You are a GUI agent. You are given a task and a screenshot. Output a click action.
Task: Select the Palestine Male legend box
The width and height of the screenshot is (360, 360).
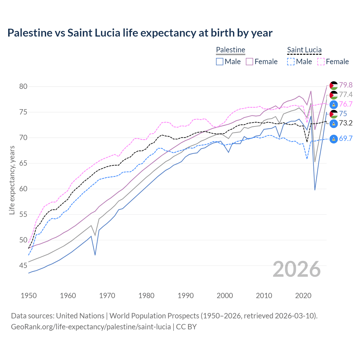(x=220, y=62)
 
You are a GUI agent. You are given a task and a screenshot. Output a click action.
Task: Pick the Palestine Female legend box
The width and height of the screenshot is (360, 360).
(x=249, y=62)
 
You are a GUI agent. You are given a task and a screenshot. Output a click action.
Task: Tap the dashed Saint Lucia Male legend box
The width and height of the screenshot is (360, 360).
(x=291, y=62)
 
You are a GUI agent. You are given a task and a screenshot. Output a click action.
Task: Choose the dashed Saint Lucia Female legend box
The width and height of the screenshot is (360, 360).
(x=321, y=62)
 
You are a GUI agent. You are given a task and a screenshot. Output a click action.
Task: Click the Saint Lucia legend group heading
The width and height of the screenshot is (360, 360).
(x=304, y=50)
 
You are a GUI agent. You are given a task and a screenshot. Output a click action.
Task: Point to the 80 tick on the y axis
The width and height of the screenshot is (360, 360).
(x=23, y=86)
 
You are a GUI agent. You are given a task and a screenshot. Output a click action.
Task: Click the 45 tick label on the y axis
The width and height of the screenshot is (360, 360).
(x=23, y=265)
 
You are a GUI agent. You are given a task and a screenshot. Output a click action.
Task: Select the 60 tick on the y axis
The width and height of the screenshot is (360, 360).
(x=23, y=189)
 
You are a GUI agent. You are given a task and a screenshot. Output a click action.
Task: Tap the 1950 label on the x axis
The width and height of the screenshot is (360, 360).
(x=29, y=296)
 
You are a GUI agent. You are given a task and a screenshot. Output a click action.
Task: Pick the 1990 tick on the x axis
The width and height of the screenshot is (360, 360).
(x=186, y=296)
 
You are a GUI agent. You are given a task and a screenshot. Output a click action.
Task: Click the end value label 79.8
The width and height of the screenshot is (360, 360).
(x=346, y=85)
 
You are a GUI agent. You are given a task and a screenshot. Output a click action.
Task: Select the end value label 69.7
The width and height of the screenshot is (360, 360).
(x=346, y=138)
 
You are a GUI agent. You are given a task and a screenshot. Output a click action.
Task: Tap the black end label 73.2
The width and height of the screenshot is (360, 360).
(x=346, y=123)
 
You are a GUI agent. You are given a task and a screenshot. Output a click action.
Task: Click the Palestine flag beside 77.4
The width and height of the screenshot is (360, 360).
(x=334, y=95)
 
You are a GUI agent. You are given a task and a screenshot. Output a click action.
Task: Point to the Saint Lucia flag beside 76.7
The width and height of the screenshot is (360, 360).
(x=334, y=104)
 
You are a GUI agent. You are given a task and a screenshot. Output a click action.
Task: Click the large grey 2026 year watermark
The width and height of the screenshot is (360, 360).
(x=296, y=269)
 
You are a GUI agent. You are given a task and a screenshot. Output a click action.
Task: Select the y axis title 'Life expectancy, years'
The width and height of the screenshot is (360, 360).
(x=12, y=180)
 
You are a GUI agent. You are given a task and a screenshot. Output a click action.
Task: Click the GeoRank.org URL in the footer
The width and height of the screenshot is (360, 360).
(x=91, y=327)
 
